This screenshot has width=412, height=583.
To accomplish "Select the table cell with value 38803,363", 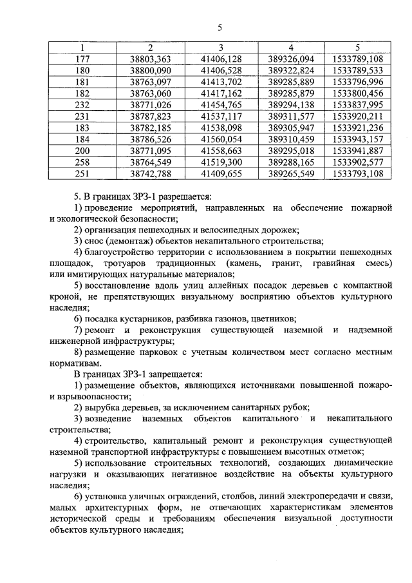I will click(x=150, y=59).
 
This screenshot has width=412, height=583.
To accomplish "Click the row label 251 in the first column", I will click(x=82, y=173).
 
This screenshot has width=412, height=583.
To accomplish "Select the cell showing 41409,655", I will click(x=221, y=173).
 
